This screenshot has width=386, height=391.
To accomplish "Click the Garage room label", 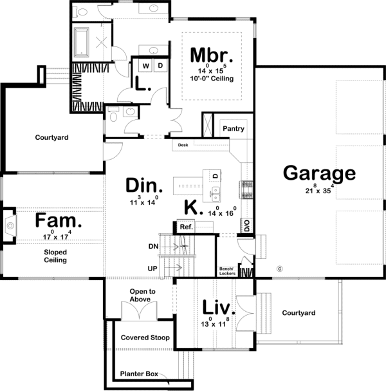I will pos(319,173).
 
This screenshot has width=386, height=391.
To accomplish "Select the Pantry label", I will pos(234,129).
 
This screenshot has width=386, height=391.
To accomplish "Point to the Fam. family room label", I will pos(59,222).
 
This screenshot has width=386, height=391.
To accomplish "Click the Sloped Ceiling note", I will pos(55,256).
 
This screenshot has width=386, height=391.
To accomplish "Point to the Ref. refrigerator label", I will pos(187,227).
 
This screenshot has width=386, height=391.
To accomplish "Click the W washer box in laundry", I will pos(145,66).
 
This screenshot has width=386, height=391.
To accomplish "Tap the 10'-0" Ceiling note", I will pos(211,79).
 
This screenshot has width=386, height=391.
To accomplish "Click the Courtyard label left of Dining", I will pos(52,137).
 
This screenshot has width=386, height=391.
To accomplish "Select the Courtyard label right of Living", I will pos(299,313).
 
